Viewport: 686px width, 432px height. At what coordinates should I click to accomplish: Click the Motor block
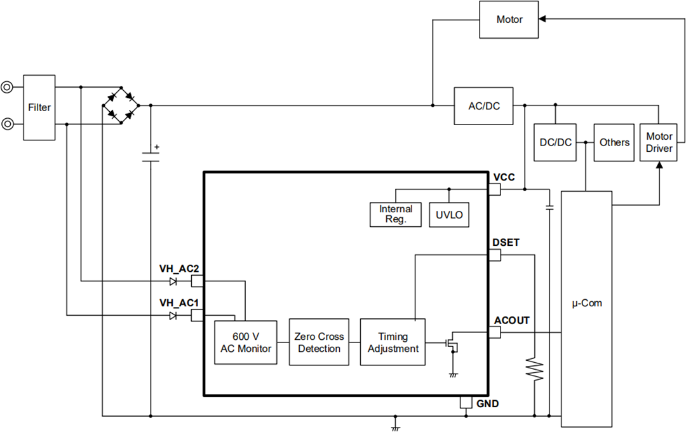tap(509, 20)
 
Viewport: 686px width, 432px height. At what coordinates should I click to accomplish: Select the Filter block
tap(39, 107)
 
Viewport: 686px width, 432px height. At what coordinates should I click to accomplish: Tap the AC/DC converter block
tap(483, 106)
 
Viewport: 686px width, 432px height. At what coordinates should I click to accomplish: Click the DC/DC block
tap(555, 142)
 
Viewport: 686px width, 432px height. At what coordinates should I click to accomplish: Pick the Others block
tap(614, 142)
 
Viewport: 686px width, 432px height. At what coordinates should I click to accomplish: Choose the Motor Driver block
tap(659, 142)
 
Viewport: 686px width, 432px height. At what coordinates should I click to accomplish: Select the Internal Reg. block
tap(396, 215)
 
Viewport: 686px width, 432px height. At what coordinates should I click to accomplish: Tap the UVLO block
tap(449, 215)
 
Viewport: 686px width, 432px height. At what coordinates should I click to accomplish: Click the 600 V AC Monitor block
tap(246, 342)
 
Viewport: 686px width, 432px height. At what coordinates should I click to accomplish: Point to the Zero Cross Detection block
tap(319, 342)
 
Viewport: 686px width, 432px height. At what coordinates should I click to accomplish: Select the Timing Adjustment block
tap(393, 342)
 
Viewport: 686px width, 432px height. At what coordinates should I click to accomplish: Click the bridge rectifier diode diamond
tap(121, 105)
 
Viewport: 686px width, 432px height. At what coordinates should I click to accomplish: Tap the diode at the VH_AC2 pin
tap(172, 281)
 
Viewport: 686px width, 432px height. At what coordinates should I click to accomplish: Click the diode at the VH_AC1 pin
tap(172, 316)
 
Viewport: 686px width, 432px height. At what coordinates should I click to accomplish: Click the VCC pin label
tap(504, 177)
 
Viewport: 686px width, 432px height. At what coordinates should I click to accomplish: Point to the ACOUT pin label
tap(511, 321)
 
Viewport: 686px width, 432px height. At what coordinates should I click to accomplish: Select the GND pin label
tap(487, 403)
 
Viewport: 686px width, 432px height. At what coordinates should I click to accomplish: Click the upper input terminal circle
tap(7, 87)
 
